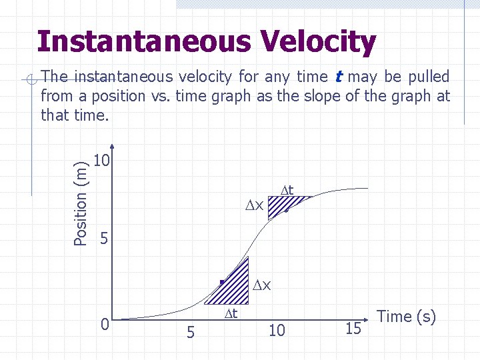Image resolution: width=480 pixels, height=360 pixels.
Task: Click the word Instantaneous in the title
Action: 143,41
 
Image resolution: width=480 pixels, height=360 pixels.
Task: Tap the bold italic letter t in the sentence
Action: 339,77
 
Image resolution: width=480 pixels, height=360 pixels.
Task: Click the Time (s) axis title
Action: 407,317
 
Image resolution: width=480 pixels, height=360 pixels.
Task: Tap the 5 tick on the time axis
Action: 190,331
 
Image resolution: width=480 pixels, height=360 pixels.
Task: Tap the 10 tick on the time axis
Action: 277,330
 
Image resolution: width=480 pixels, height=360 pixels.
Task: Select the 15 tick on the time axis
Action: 354,328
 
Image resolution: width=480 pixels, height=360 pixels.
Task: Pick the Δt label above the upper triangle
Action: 287,189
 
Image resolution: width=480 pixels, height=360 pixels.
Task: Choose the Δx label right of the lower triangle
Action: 261,285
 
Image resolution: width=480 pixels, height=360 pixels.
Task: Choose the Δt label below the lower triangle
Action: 230,313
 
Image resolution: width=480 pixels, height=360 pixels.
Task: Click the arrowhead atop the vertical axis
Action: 112,148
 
